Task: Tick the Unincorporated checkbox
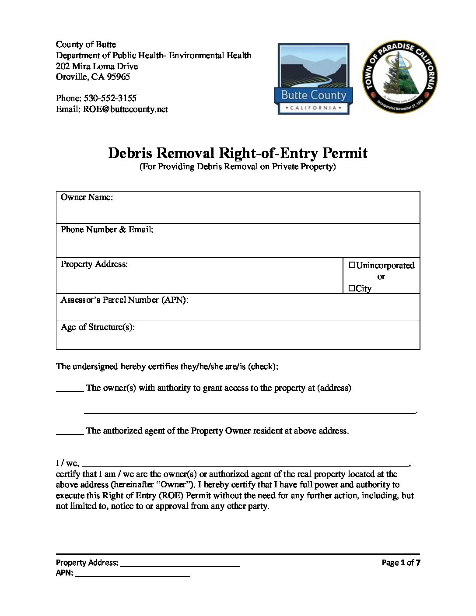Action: click(x=352, y=265)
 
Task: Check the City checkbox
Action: click(x=352, y=288)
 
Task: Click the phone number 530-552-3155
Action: click(x=110, y=98)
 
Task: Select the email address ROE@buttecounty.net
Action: click(x=125, y=109)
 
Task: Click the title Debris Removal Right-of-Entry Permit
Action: click(x=238, y=153)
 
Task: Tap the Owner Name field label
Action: click(x=87, y=197)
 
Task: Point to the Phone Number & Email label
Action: click(x=107, y=230)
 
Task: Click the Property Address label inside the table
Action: click(x=94, y=264)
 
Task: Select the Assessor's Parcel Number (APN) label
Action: click(x=124, y=300)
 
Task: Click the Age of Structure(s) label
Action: click(x=98, y=327)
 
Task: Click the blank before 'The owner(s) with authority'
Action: click(x=70, y=390)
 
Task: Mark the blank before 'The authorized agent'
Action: click(x=70, y=433)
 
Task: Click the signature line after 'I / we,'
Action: click(x=245, y=465)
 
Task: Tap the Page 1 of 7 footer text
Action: click(x=401, y=563)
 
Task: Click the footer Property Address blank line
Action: click(x=180, y=565)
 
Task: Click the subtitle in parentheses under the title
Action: click(x=238, y=167)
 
